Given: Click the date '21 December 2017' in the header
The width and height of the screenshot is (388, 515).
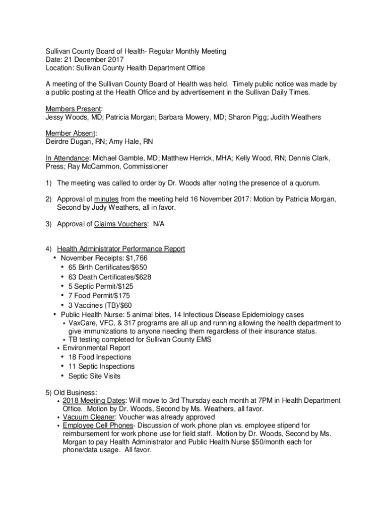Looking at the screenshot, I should pos(92,59).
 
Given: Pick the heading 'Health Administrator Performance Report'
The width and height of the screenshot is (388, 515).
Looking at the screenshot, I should pos(121,248).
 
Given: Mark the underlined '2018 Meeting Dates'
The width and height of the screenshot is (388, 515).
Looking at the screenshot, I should pos(94,400).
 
